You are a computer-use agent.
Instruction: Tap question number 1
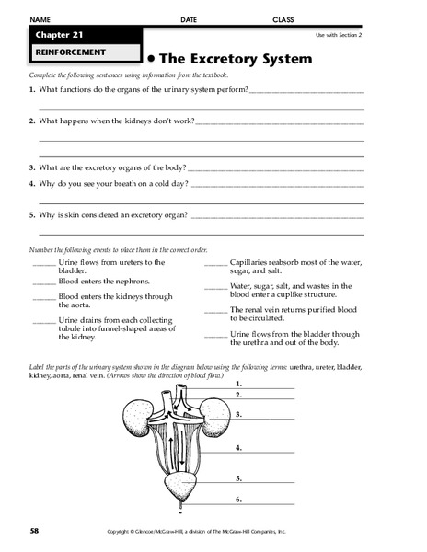pyautogui.click(x=31, y=89)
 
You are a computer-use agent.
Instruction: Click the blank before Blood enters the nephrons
pyautogui.click(x=43, y=282)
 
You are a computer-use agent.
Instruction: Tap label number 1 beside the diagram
pyautogui.click(x=237, y=381)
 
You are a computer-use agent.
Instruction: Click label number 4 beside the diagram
pyautogui.click(x=237, y=448)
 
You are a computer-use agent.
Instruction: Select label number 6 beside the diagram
pyautogui.click(x=237, y=500)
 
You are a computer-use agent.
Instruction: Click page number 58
pyautogui.click(x=33, y=531)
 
